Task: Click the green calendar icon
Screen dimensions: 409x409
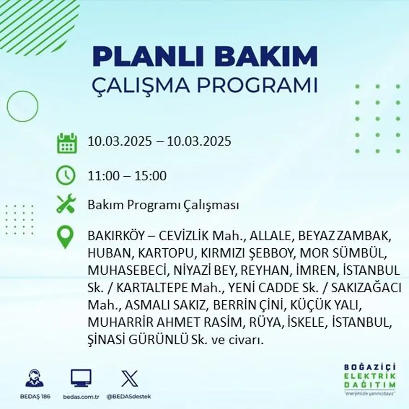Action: [66, 143]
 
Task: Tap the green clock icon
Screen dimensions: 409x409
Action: [66, 175]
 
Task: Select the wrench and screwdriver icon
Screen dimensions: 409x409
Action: [66, 204]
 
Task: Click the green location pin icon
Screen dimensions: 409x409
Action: [65, 237]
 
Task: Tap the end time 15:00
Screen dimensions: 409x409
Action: [151, 176]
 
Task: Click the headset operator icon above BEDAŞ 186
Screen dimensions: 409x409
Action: [34, 378]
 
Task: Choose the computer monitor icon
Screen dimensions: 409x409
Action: [81, 378]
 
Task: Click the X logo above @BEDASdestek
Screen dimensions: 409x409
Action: [129, 378]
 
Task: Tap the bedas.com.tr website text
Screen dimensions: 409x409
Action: [81, 396]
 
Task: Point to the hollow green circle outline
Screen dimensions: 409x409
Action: [22, 106]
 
